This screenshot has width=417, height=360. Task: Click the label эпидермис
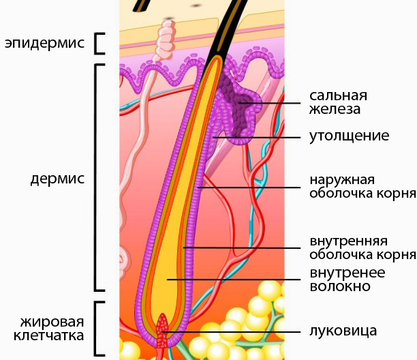tap(44, 44)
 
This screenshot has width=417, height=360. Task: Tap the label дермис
tap(57, 179)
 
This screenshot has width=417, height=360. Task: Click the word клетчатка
tap(51, 335)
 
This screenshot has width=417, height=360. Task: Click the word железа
tap(334, 109)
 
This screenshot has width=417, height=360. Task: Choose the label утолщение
tap(348, 136)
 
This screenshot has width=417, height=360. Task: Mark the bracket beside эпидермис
tap(100, 43)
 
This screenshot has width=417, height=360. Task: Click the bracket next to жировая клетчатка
tap(100, 328)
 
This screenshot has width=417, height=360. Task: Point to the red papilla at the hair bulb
tap(163, 327)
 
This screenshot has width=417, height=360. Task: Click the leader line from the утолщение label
tap(259, 137)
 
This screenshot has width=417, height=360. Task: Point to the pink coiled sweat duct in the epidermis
tap(166, 41)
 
